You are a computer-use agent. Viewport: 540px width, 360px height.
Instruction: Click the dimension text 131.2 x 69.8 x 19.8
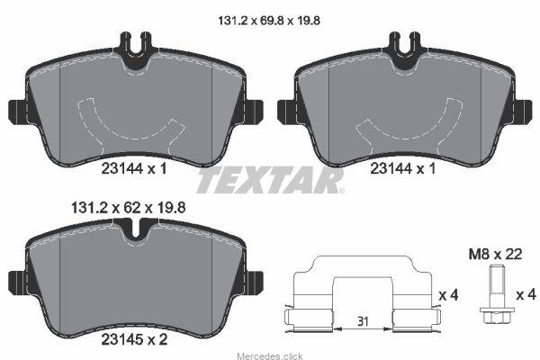click(x=269, y=21)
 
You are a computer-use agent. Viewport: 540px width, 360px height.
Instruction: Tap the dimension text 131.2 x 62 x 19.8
click(x=128, y=208)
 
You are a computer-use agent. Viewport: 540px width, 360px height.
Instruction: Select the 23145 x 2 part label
click(x=134, y=339)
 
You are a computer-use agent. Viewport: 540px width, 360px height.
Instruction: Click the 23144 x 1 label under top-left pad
click(x=134, y=169)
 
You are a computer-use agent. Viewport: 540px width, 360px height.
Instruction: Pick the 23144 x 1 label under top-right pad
click(x=403, y=169)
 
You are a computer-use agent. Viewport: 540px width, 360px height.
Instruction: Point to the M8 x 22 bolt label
click(x=495, y=255)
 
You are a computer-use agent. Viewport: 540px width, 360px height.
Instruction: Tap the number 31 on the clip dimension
click(x=363, y=322)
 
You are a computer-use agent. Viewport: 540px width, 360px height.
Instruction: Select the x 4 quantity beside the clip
click(x=449, y=295)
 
